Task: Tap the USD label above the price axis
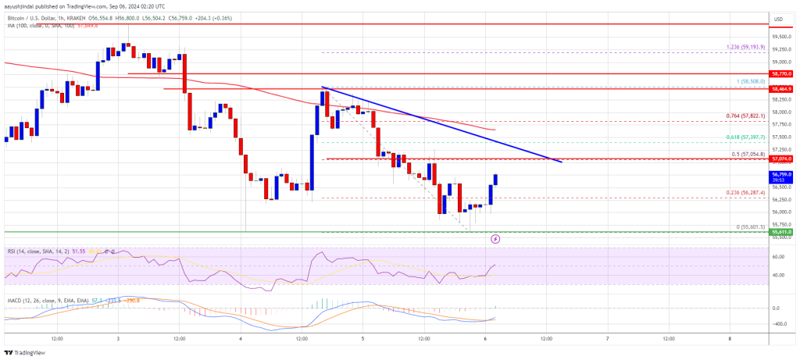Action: [778, 19]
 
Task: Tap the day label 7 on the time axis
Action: [607, 339]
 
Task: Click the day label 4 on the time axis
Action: [242, 339]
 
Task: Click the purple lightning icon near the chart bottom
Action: [495, 239]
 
